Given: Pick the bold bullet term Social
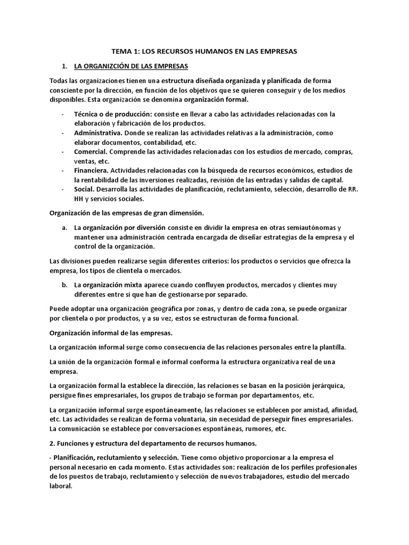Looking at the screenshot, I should pos(84,189).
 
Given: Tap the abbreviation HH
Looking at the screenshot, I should pos(80,199).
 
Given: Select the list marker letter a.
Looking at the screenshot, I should pos(64,227).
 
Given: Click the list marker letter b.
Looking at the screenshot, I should pos(64,285).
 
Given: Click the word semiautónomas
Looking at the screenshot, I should pos(310,227).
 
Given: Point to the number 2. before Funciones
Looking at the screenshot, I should pos(52,442).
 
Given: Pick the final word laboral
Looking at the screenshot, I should pos(60,486).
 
